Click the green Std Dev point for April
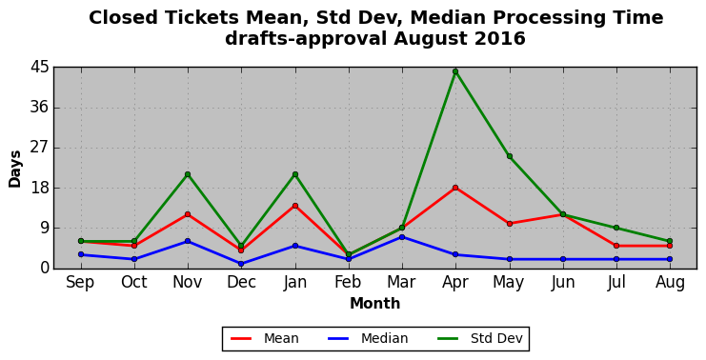click(x=455, y=71)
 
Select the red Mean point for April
click(x=455, y=188)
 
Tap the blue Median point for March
click(x=402, y=237)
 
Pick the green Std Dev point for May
click(x=509, y=156)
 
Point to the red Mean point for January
click(x=295, y=206)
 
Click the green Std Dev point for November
click(x=188, y=174)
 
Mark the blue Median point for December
click(x=241, y=264)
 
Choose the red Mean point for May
click(x=509, y=224)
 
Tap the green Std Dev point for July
click(x=616, y=228)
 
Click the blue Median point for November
click(x=188, y=241)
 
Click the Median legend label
click(x=384, y=338)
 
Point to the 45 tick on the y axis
click(x=39, y=68)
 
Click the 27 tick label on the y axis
click(x=39, y=148)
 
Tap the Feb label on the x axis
click(x=348, y=282)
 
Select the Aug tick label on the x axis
click(x=670, y=283)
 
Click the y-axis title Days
click(x=15, y=169)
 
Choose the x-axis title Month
click(x=375, y=303)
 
